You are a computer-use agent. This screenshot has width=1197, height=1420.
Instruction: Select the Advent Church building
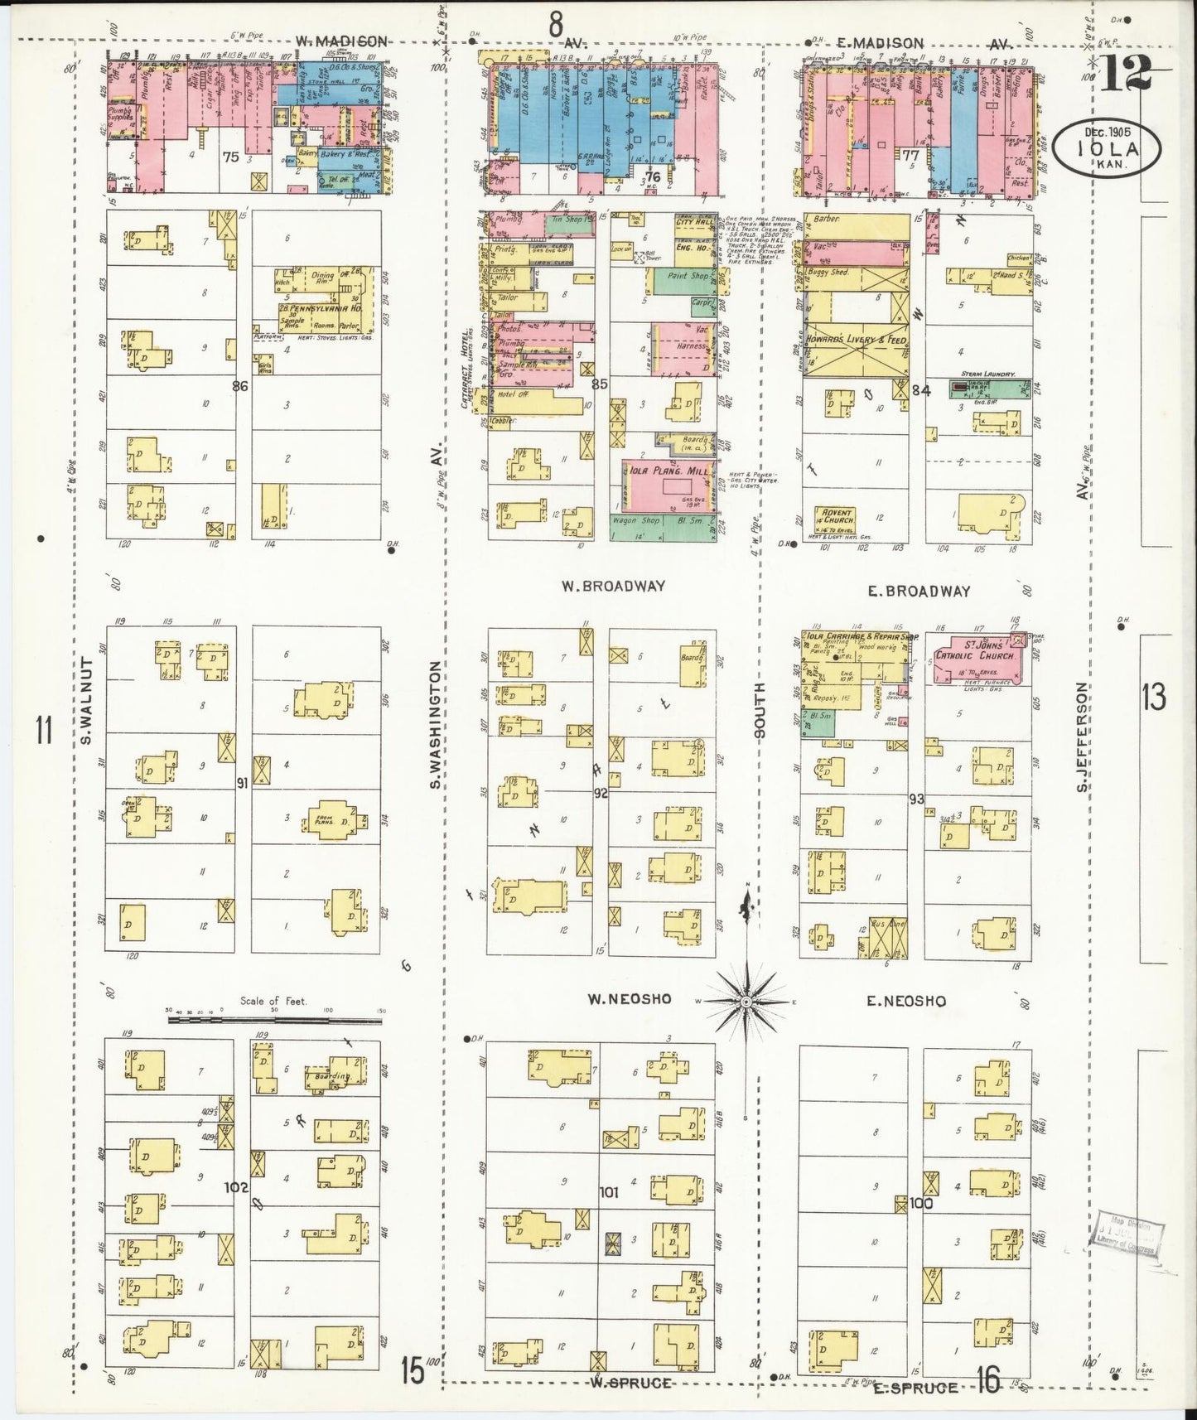coord(835,519)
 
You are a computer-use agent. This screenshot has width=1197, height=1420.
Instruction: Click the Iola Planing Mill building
coord(668,485)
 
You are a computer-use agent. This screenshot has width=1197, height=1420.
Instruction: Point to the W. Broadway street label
coord(612,586)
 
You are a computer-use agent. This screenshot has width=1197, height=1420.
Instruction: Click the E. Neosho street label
coord(905,1001)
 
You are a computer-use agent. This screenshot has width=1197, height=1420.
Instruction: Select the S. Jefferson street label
coord(1081,736)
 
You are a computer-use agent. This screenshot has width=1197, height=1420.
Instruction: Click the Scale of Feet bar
coord(273,1019)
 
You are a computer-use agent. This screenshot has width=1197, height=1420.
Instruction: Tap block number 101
coord(609,1193)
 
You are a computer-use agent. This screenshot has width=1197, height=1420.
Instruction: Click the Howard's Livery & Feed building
coord(855,341)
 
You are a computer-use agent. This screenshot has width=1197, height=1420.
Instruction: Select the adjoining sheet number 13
coord(1153,698)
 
